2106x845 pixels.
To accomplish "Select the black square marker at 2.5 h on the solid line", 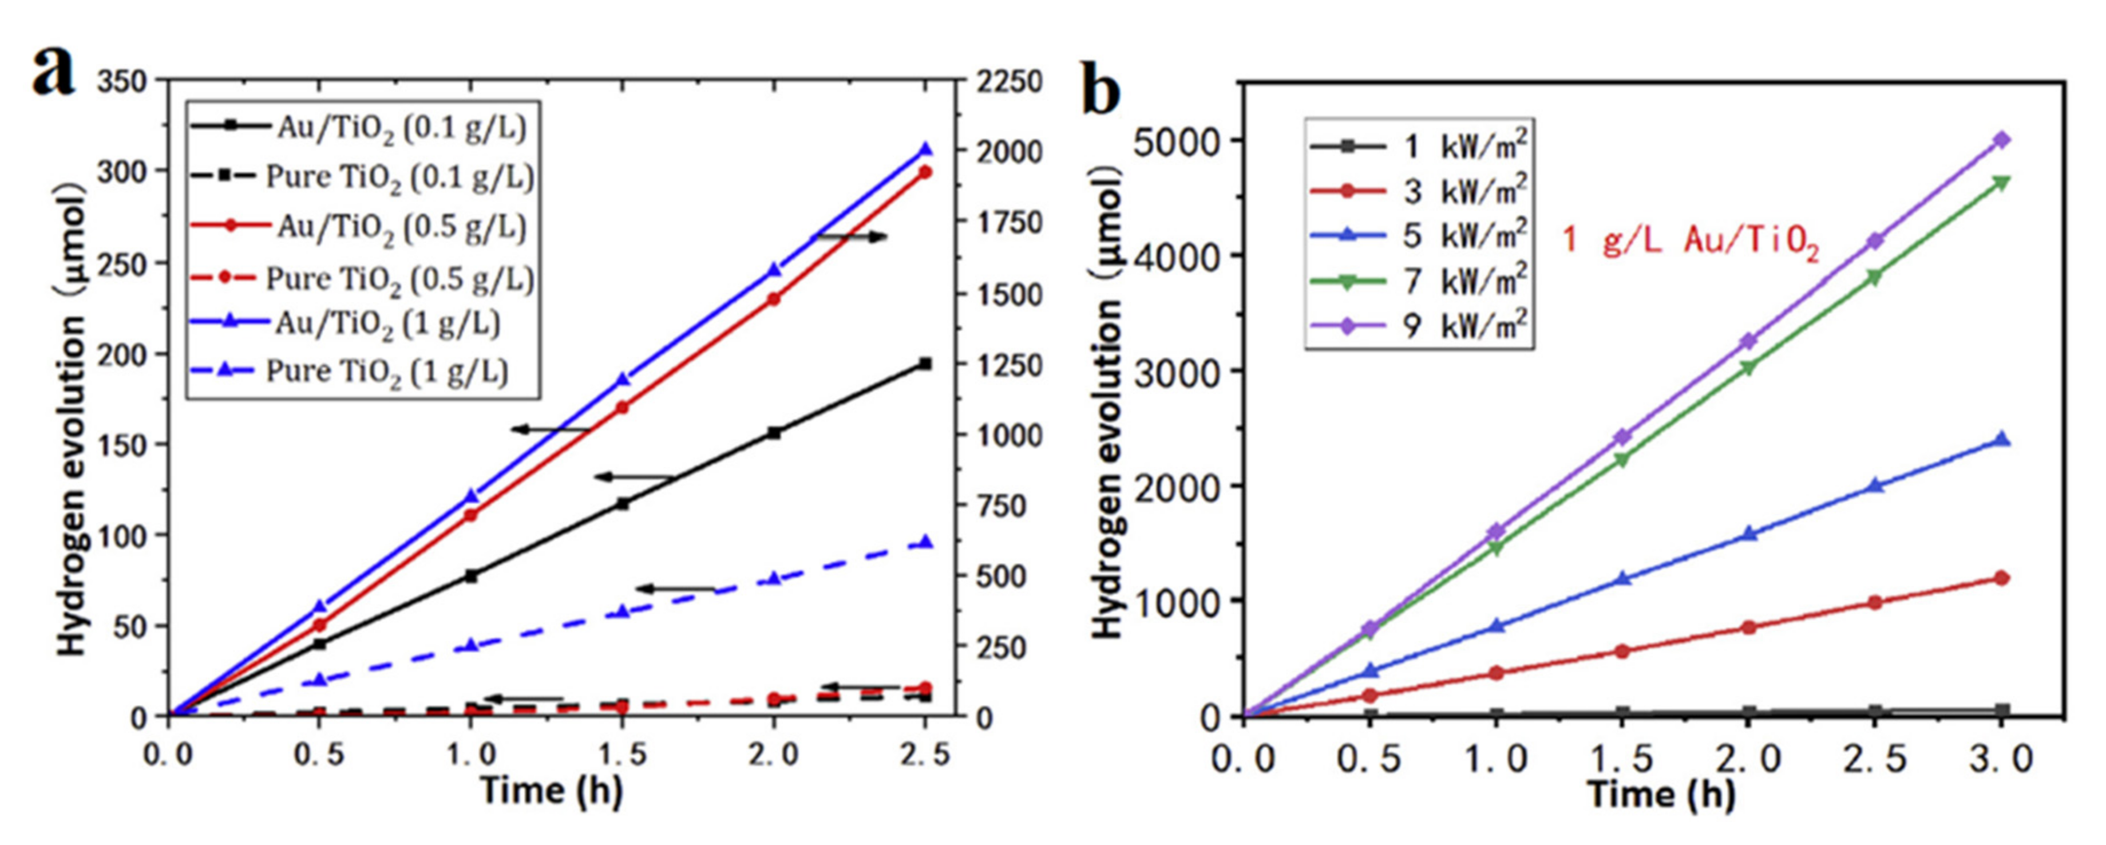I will pyautogui.click(x=925, y=363).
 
